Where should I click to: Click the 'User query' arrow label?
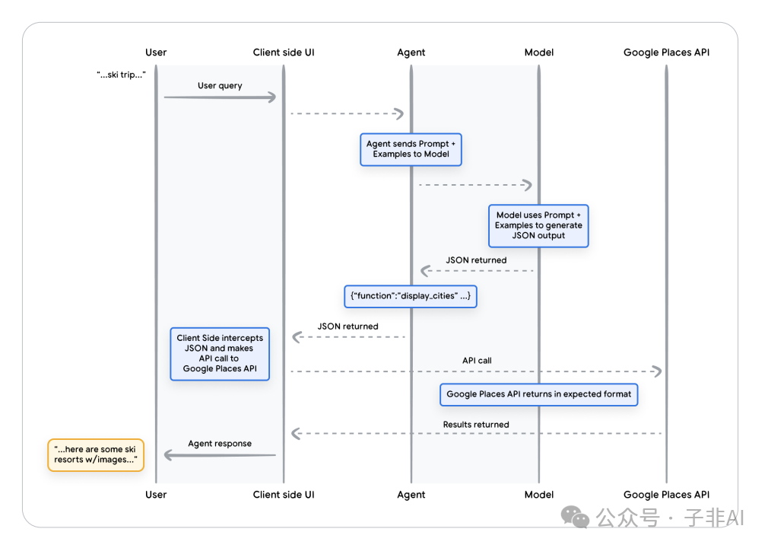[220, 86]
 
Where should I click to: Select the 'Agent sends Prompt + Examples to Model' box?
[411, 149]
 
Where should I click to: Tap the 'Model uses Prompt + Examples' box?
[538, 226]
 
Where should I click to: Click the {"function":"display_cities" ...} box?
[411, 297]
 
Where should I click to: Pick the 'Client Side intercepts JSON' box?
[220, 354]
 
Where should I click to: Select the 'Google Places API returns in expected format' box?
[539, 394]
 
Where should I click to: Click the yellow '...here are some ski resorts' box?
[96, 455]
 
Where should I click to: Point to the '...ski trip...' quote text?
[121, 75]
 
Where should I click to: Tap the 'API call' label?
[477, 361]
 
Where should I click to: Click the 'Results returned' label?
[476, 425]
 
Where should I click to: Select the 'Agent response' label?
[220, 444]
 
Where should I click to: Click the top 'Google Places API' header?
[666, 53]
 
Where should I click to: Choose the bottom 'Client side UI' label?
[284, 495]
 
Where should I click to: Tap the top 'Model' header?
[539, 53]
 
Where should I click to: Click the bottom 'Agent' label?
[411, 495]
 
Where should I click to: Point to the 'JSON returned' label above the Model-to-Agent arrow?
[476, 260]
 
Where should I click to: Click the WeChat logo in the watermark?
[575, 517]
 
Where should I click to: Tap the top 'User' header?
[156, 53]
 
